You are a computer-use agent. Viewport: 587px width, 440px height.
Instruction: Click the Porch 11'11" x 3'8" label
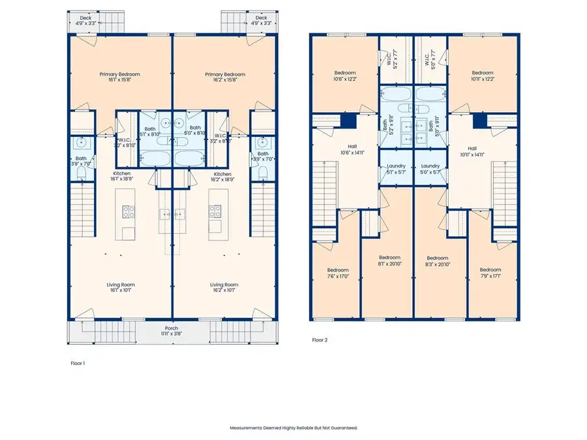click(172, 331)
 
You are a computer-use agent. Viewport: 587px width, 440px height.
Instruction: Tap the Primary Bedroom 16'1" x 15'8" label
click(119, 78)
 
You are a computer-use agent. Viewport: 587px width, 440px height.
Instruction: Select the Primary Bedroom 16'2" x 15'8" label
click(224, 78)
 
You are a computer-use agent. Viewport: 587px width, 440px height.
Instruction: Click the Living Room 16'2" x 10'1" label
click(224, 288)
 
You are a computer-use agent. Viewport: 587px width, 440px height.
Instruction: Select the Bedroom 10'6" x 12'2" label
click(345, 76)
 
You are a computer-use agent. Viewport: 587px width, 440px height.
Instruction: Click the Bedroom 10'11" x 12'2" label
click(483, 76)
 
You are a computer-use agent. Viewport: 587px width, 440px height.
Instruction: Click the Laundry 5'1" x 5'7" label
click(396, 169)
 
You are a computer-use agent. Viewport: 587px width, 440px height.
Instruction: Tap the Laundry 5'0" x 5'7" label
click(430, 169)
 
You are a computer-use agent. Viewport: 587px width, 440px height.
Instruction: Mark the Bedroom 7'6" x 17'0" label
click(338, 273)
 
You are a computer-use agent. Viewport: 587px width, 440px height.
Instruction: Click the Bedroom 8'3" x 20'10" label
click(438, 261)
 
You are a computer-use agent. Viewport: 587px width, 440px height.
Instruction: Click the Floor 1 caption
click(78, 362)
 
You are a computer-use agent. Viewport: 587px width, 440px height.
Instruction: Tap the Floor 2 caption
click(319, 340)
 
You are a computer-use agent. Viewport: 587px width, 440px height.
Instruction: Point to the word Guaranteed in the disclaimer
click(342, 428)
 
